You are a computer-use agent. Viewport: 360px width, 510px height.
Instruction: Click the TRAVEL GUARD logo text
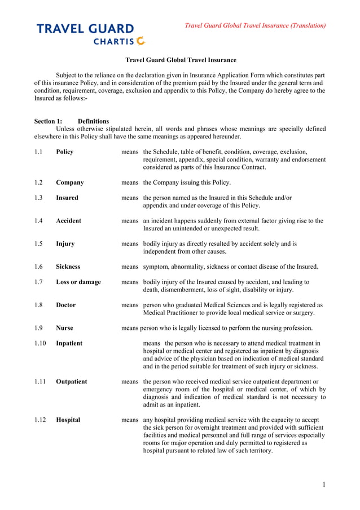pos(85,29)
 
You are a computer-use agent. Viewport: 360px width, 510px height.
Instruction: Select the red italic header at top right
pos(255,25)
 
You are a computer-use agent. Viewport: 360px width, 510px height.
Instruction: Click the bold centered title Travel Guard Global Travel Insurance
pos(181,60)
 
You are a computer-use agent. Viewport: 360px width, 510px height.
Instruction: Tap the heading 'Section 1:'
pos(48,121)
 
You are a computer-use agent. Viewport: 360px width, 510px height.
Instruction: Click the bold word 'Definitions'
pos(93,121)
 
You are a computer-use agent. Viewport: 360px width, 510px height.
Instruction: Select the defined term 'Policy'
pos(65,152)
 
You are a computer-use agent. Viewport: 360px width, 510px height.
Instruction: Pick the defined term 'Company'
pos(70,182)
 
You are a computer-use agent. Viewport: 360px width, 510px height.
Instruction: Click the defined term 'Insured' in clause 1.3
pos(67,198)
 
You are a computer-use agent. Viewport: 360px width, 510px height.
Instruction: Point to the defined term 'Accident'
pos(69,221)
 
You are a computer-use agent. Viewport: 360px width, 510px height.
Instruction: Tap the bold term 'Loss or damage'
pos(78,282)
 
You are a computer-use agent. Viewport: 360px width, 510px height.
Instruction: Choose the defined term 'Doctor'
pos(66,305)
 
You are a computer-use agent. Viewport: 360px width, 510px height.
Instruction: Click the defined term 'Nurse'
pos(65,328)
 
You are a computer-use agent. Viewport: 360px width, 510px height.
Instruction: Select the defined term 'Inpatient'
pos(69,343)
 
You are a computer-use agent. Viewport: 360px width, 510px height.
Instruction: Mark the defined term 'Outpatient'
pos(72,382)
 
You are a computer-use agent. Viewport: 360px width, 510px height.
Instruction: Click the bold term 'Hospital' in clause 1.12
pos(68,420)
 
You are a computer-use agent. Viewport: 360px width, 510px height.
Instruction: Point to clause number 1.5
pos(38,244)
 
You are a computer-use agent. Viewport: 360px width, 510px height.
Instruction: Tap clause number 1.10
pos(40,343)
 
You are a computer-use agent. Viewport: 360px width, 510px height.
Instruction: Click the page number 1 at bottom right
pos(324,485)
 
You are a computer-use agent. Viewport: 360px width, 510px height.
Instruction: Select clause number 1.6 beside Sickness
pos(38,267)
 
